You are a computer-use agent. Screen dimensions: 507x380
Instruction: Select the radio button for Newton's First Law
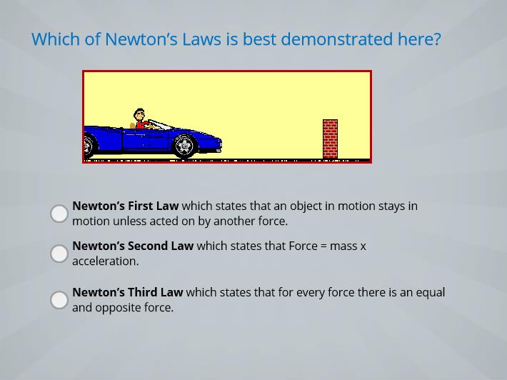59,214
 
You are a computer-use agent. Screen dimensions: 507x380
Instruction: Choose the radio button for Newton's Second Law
59,254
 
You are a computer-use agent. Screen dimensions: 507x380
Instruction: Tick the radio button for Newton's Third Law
59,300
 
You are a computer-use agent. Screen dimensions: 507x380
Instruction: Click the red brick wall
330,139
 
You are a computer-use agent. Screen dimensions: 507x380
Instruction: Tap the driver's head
139,114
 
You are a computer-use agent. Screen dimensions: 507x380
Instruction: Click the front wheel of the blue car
184,146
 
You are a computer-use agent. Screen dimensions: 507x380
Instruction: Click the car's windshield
160,124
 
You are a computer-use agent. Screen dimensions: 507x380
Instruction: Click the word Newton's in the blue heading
141,39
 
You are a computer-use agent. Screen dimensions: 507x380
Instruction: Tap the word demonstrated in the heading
337,39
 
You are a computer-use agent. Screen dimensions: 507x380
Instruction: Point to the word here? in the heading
419,39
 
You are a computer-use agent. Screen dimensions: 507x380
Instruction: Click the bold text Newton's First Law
126,206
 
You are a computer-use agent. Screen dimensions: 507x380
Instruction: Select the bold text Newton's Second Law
133,246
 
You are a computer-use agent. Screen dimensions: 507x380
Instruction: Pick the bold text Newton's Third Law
128,292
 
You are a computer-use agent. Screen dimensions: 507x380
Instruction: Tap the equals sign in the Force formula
323,246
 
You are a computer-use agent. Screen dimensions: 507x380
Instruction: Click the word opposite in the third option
118,308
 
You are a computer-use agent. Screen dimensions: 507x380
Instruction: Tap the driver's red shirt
141,124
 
